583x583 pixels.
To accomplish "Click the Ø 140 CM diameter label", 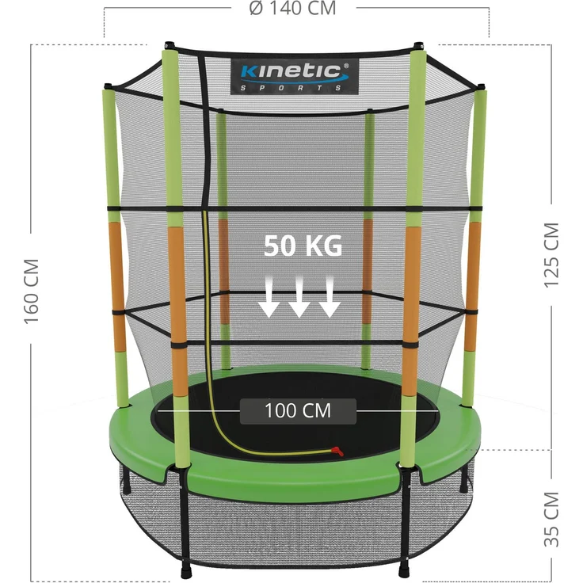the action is click(292, 8).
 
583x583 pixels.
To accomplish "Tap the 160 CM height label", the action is click(32, 291).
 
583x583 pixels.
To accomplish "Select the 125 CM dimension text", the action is click(551, 255).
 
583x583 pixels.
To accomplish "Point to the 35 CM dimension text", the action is click(551, 519).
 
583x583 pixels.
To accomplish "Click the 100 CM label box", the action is click(298, 411).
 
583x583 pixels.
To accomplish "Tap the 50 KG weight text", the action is click(303, 246).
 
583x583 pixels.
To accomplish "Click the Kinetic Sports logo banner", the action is click(295, 77).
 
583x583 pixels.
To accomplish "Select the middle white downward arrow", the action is click(299, 297).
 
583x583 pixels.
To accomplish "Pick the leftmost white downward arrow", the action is click(269, 297).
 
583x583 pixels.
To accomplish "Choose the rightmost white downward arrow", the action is click(330, 297).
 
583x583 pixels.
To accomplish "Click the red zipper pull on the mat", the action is click(338, 452).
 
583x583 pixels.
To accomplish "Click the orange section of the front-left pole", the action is click(178, 311).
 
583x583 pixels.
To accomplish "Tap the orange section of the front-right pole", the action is click(411, 311).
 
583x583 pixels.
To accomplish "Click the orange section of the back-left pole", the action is click(118, 287).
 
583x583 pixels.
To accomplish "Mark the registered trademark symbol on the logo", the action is click(346, 66).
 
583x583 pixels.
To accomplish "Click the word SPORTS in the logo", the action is click(291, 88).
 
